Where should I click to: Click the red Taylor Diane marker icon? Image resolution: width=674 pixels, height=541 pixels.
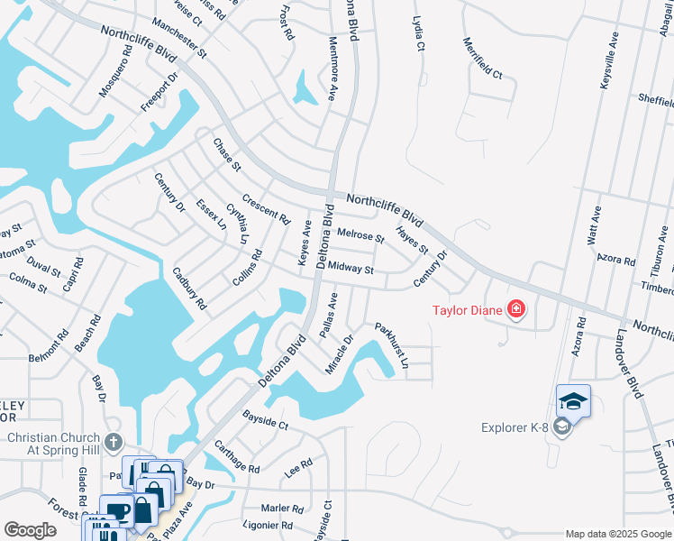(x=516, y=311)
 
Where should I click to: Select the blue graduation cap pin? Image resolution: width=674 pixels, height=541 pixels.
(x=573, y=400)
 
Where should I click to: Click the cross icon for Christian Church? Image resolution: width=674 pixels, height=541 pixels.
(x=113, y=442)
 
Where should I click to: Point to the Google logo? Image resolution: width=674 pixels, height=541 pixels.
(x=30, y=530)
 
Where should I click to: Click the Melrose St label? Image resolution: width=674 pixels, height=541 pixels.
(x=360, y=236)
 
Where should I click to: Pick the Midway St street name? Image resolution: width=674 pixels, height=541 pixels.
(x=351, y=268)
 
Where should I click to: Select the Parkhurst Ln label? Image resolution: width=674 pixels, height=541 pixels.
(x=392, y=346)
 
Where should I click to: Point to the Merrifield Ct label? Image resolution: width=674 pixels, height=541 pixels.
(x=482, y=58)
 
